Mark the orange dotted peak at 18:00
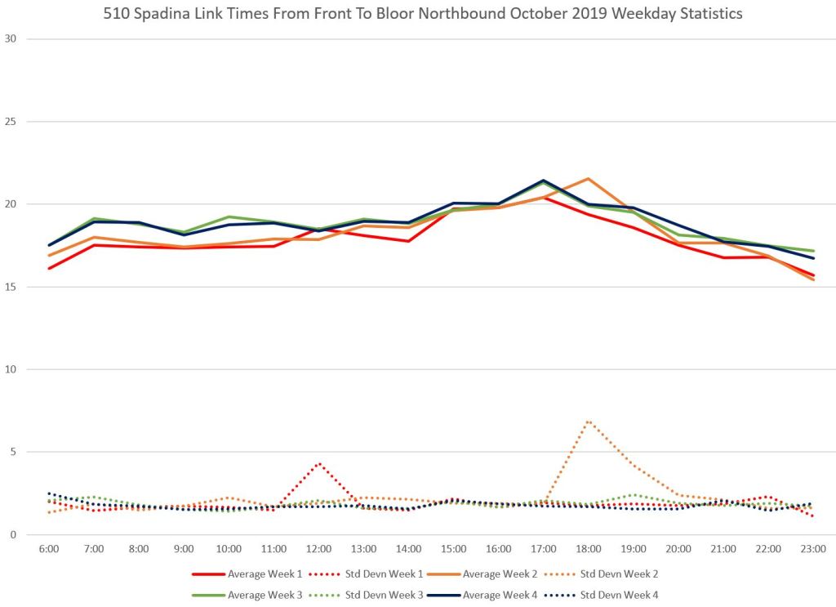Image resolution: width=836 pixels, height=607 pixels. [589, 421]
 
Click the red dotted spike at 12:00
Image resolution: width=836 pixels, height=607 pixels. [318, 463]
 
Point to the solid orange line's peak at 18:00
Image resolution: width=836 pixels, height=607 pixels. [589, 178]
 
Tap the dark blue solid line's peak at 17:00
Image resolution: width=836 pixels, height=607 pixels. [544, 181]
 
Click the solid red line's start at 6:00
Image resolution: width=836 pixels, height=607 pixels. [48, 268]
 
